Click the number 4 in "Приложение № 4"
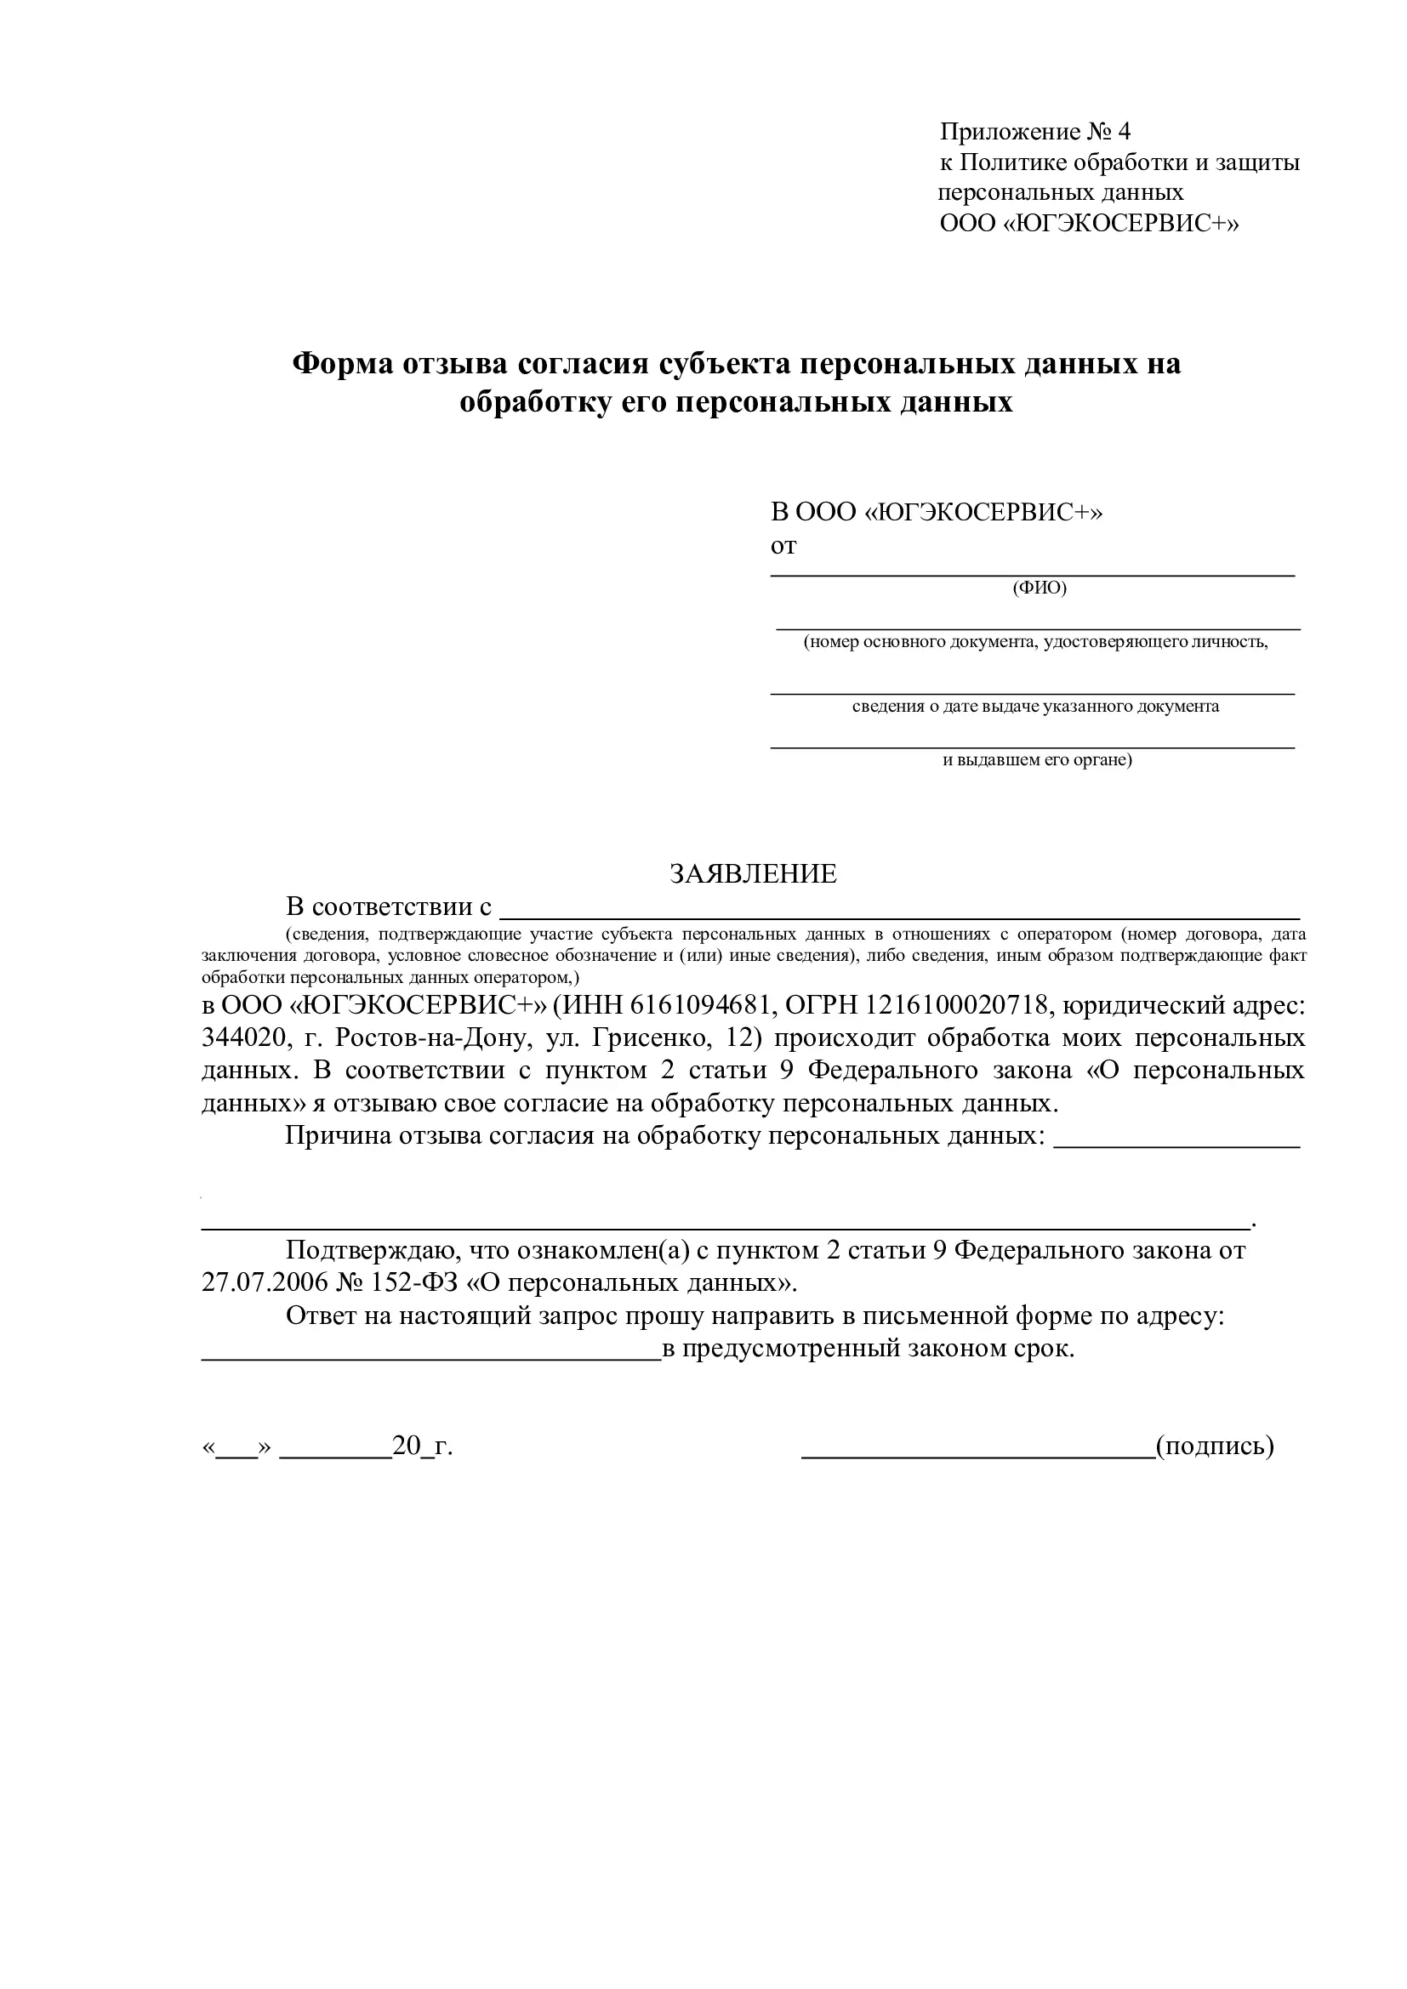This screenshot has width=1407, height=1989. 1124,133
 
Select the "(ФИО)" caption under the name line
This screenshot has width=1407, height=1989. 1040,588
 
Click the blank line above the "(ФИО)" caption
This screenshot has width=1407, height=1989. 1033,573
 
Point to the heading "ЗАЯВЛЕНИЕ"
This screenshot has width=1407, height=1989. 753,873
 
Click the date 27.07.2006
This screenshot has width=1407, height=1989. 265,1283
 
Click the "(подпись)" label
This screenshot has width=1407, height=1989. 1215,1446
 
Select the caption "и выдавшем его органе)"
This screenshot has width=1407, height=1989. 1037,760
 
